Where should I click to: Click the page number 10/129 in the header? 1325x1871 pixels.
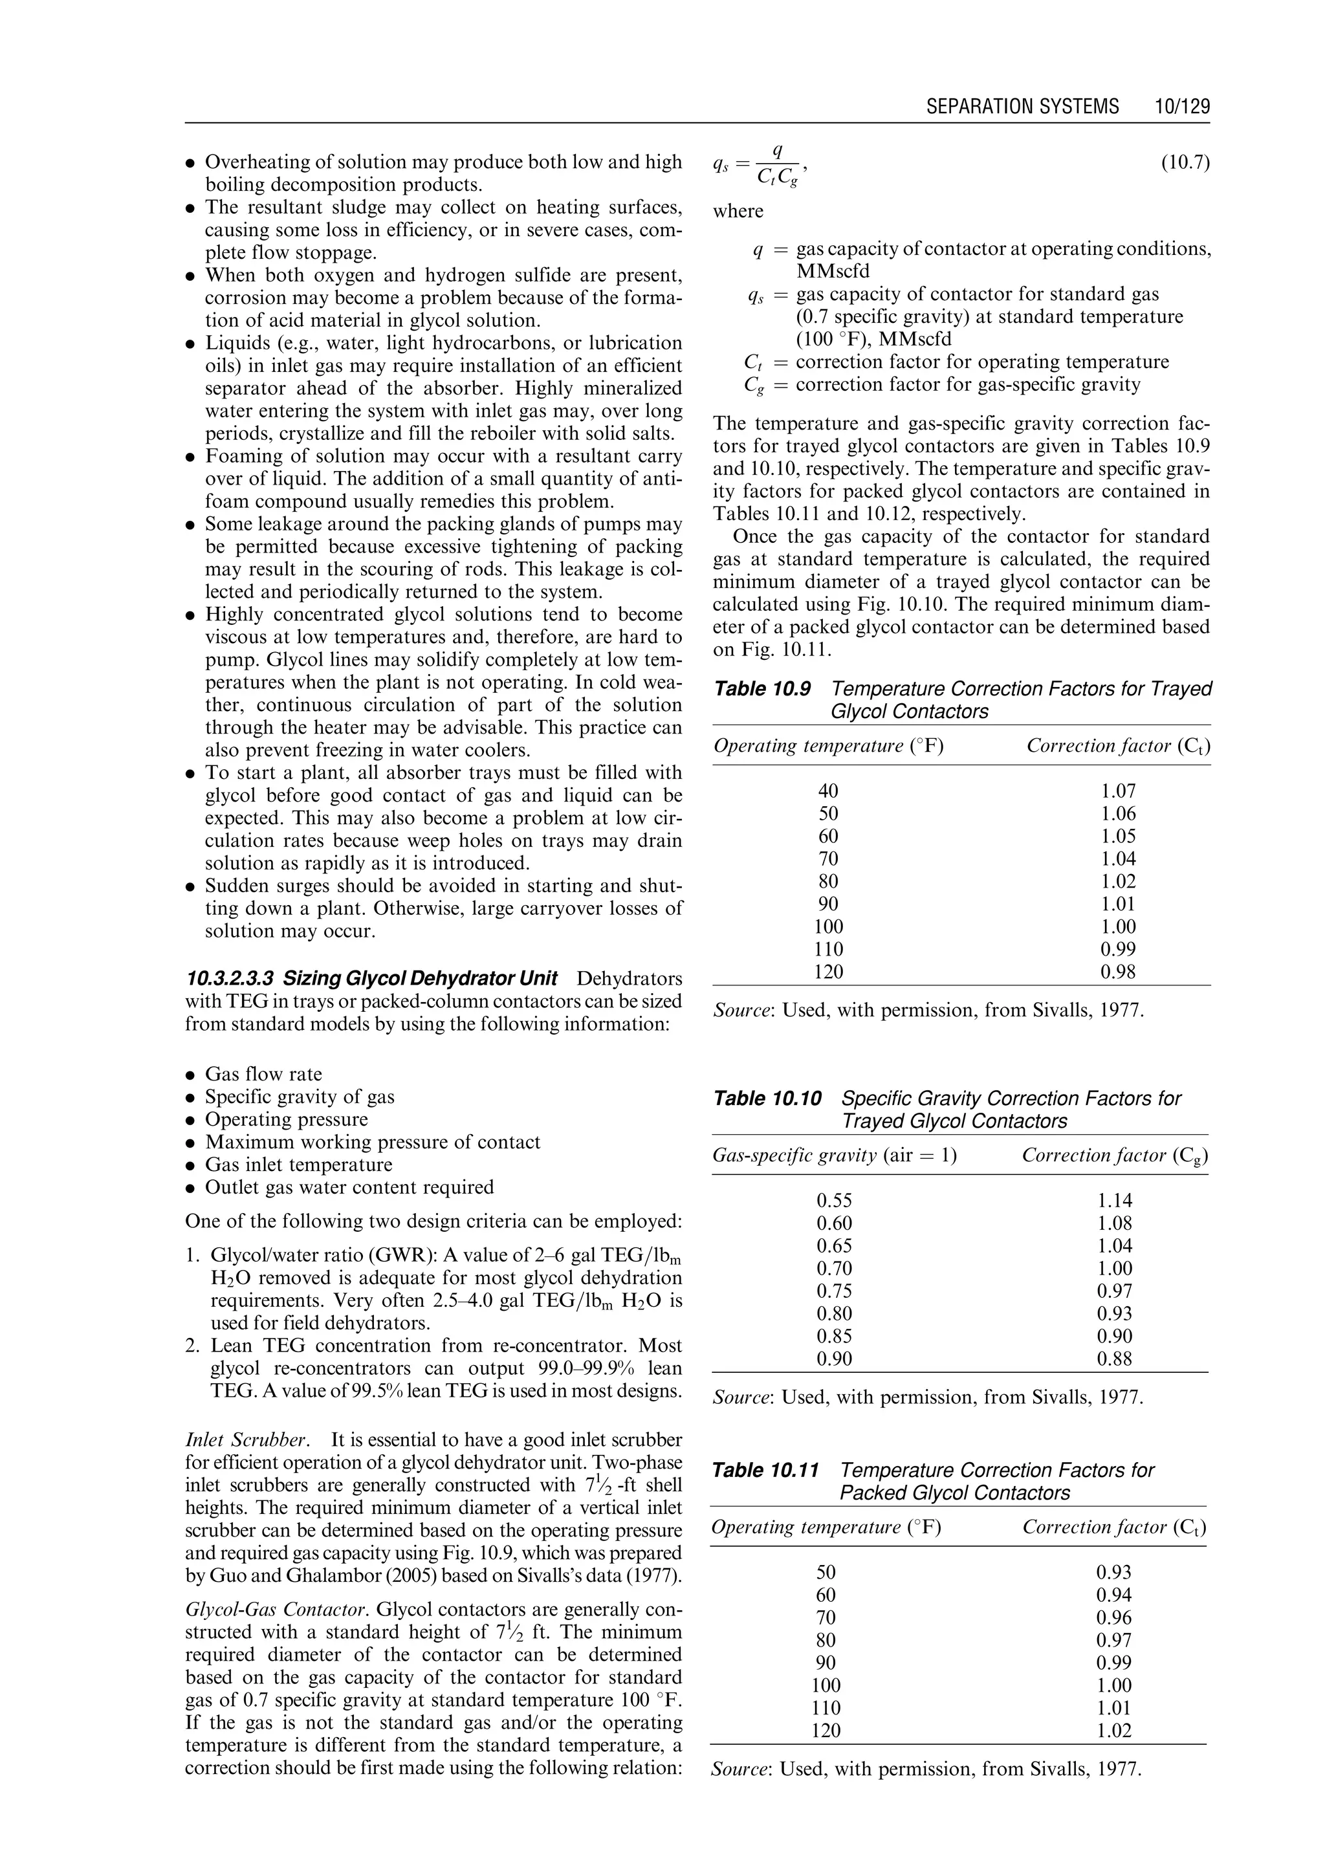1181,107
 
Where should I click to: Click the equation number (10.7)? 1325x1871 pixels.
1185,163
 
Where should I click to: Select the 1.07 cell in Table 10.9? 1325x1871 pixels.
1118,791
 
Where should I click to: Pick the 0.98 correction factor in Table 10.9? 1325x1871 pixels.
1118,972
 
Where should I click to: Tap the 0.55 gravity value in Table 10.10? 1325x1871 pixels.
834,1200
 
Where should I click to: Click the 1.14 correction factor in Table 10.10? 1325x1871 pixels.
1115,1200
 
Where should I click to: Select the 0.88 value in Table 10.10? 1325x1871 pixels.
1115,1359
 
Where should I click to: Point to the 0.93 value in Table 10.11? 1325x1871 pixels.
1113,1572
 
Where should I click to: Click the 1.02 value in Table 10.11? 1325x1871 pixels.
1113,1731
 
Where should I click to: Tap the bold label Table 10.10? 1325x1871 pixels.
767,1099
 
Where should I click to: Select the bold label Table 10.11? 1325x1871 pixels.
765,1471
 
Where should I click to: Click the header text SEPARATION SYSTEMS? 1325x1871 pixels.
1022,107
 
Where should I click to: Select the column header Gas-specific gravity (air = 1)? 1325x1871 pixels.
835,1155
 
